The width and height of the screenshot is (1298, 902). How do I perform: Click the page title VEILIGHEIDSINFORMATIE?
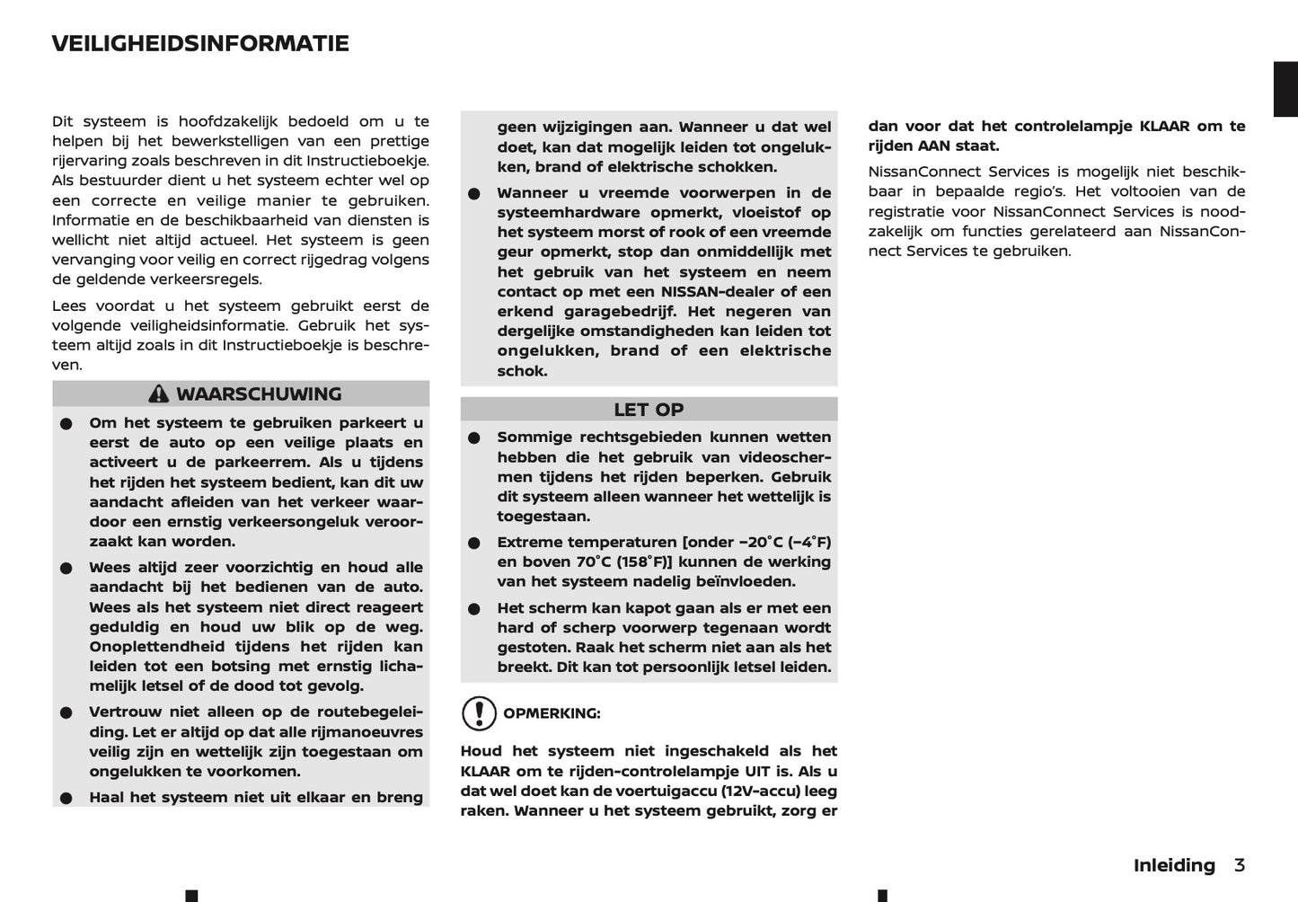click(x=200, y=43)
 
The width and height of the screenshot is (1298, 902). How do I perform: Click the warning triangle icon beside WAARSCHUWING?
click(x=159, y=394)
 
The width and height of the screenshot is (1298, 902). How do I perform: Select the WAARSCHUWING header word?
click(x=259, y=394)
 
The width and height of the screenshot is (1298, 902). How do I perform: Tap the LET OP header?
click(x=649, y=410)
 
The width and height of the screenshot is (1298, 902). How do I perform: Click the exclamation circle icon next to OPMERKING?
click(x=479, y=713)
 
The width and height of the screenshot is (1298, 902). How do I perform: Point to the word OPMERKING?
click(x=552, y=713)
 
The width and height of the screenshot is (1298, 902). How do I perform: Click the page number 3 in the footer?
click(x=1240, y=865)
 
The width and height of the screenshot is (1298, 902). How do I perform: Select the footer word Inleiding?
click(x=1174, y=865)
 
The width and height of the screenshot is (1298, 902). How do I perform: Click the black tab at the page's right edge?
click(x=1285, y=89)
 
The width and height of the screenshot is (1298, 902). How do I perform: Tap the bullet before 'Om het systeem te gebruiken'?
click(x=66, y=423)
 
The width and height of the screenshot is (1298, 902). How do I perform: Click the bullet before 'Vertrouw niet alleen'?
click(x=66, y=712)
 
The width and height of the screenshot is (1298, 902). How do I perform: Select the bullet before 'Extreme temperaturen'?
click(x=474, y=543)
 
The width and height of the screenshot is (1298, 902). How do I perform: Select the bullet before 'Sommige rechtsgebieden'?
click(x=474, y=438)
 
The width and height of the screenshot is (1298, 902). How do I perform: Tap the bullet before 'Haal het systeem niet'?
click(x=66, y=798)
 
